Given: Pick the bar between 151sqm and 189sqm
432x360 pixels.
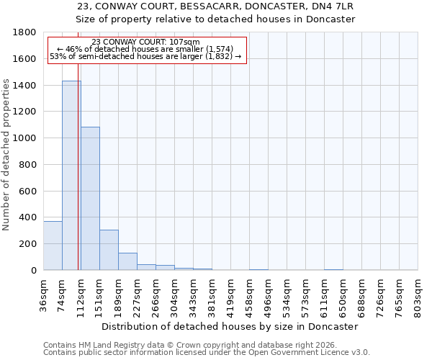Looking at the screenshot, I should (x=109, y=250).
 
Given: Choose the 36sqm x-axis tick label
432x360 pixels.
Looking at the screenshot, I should (x=44, y=293).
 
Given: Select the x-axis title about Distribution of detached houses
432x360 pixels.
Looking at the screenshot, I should (x=230, y=326).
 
